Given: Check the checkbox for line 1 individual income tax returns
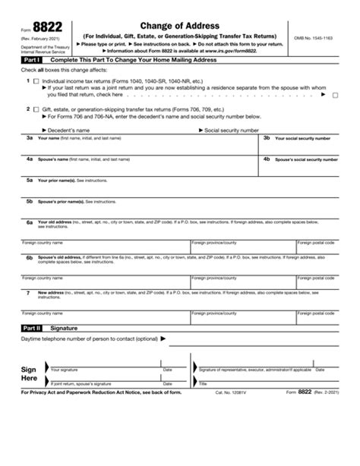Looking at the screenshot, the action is coord(36,80).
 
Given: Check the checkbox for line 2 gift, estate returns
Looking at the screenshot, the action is coord(36,109).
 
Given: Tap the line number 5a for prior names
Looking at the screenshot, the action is coord(29,181).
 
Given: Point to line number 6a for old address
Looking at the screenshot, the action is coord(29,222).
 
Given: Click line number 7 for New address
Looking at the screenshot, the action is coord(28,292).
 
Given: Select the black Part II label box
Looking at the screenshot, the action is coord(31,327).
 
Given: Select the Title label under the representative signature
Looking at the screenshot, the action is coord(204,385).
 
